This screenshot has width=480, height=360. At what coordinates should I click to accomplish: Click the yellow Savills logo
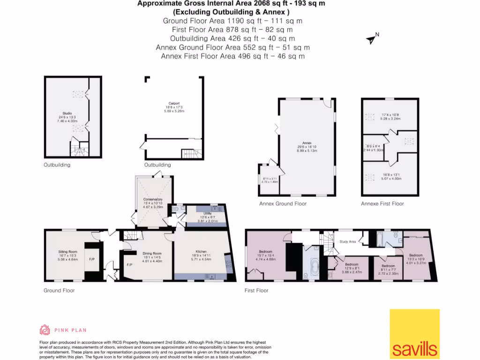pyautogui.click(x=415, y=334)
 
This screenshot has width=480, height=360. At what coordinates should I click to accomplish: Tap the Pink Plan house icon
pyautogui.click(x=45, y=330)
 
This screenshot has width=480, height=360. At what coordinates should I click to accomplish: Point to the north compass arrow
pyautogui.click(x=372, y=39)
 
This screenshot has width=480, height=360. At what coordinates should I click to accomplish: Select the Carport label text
pyautogui.click(x=174, y=104)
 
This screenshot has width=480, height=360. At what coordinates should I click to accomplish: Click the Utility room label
pyautogui.click(x=201, y=213)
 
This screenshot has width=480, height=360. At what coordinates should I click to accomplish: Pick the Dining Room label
pyautogui.click(x=151, y=254)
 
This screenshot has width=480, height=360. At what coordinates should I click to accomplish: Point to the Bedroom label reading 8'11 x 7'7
pyautogui.click(x=385, y=266)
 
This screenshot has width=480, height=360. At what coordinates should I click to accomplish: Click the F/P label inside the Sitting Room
pyautogui.click(x=91, y=259)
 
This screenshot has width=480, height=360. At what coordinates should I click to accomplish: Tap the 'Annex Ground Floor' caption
pyautogui.click(x=283, y=204)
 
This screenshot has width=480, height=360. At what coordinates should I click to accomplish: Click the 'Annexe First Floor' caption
pyautogui.click(x=382, y=204)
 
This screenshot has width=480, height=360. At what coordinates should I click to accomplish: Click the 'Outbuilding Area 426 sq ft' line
pyautogui.click(x=232, y=38)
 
